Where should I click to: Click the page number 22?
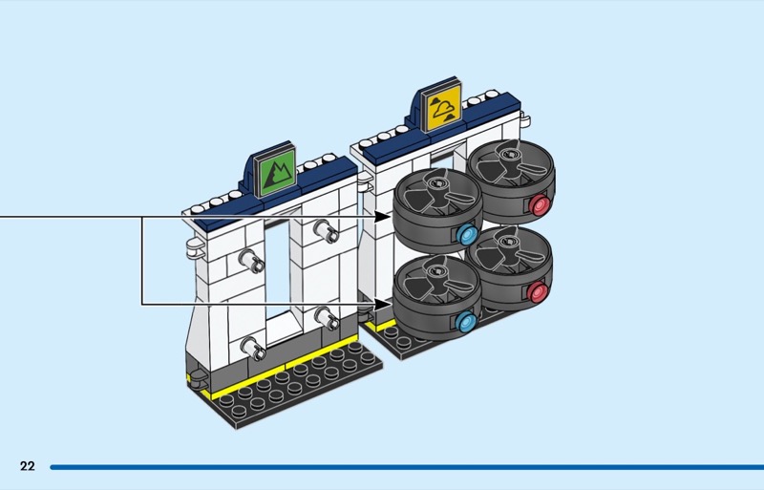tap(28, 466)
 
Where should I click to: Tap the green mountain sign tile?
tap(276, 171)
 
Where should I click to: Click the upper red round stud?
tap(540, 204)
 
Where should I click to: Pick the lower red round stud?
tap(537, 291)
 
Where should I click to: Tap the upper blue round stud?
tap(468, 235)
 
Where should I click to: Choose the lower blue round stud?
tap(466, 321)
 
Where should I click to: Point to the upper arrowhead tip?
tap(392, 217)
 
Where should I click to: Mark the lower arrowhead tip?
tap(392, 305)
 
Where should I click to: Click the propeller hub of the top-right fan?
tap(509, 155)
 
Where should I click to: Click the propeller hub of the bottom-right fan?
tap(507, 241)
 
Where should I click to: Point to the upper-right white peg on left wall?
tap(326, 231)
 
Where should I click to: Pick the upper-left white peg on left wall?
tap(252, 261)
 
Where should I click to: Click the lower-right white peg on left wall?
tap(327, 318)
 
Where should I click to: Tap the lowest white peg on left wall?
tap(253, 348)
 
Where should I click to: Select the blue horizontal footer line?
tap(407, 467)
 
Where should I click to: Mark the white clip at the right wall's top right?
tap(523, 118)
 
